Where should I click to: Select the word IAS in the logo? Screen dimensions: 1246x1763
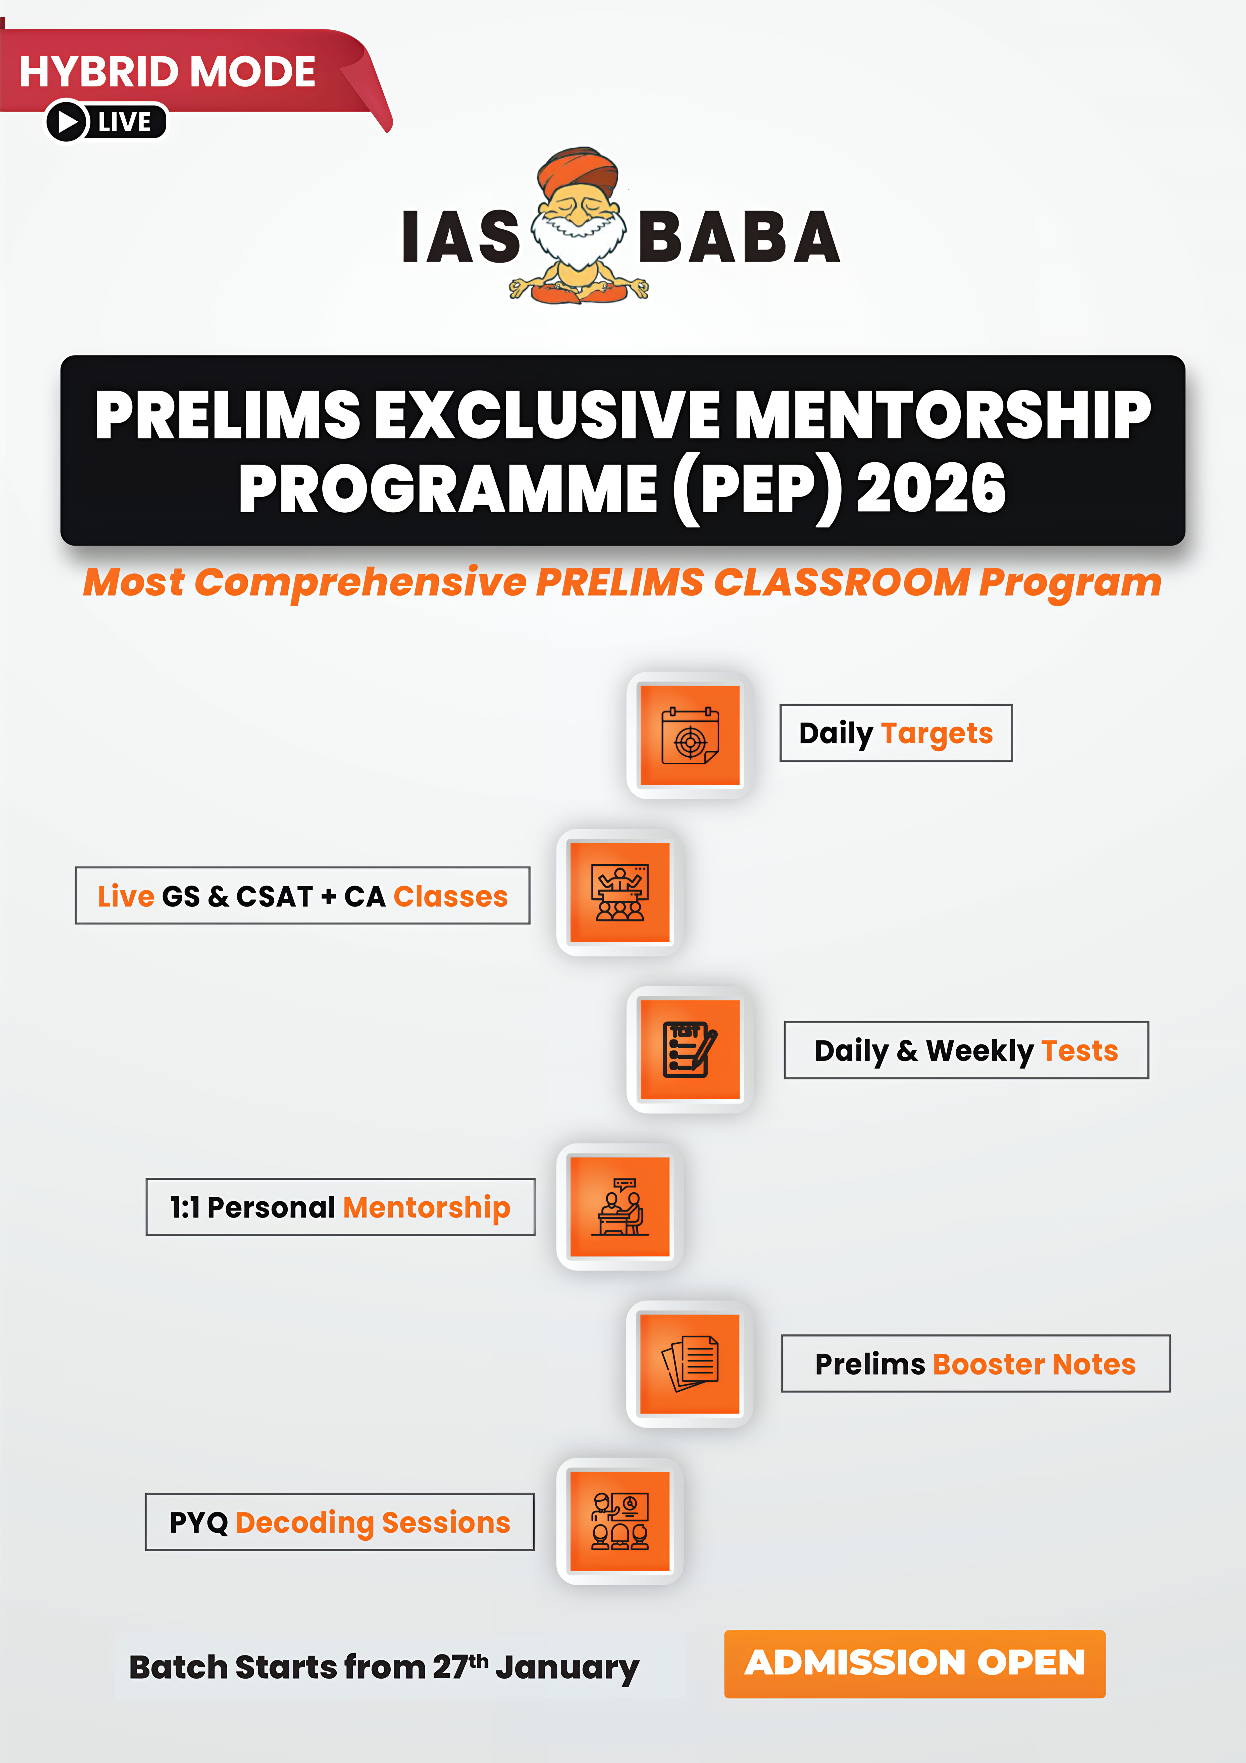(461, 236)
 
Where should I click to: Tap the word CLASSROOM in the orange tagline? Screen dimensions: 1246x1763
(842, 582)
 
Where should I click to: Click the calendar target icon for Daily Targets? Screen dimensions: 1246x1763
(689, 735)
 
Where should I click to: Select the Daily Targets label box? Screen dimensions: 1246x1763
(896, 732)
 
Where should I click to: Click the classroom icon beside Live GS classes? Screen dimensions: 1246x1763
(619, 892)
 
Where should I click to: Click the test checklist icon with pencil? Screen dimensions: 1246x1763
(689, 1050)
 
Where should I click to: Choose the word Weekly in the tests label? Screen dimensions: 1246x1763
(980, 1050)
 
